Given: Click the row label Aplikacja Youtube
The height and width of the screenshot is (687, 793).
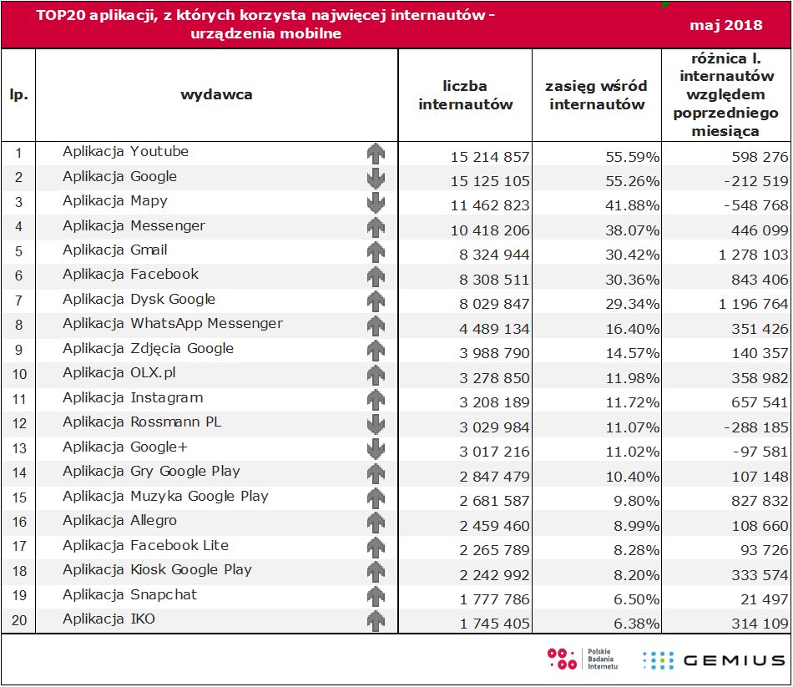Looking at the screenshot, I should click(125, 152).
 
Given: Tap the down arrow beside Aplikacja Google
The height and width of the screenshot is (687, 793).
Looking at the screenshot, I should click(376, 178).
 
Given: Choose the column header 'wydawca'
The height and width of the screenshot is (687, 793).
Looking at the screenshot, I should click(216, 94).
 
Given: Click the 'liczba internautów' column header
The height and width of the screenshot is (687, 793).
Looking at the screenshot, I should click(466, 95).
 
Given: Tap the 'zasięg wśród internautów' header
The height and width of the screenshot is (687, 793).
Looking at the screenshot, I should click(596, 95).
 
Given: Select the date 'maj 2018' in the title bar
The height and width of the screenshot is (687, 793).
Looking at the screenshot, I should click(725, 25).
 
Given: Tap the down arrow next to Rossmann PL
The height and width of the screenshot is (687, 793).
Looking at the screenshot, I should click(376, 423).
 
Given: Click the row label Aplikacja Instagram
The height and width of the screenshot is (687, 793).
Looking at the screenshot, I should click(133, 398).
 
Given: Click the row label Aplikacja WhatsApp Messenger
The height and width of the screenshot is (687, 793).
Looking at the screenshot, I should click(172, 324).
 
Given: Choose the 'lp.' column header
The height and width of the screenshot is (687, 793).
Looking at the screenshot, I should click(18, 94).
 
